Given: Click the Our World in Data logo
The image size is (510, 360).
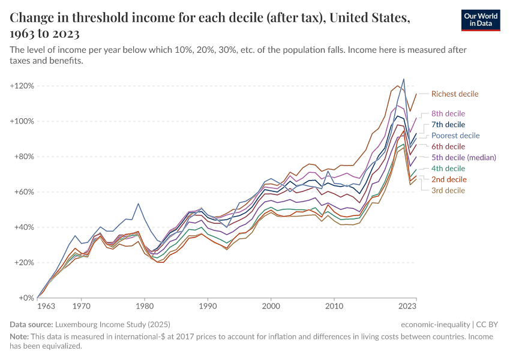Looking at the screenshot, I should pyautogui.click(x=480, y=20).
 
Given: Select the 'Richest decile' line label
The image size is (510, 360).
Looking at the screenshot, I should pyautogui.click(x=455, y=94).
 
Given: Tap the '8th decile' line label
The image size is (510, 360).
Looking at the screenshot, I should pyautogui.click(x=448, y=113).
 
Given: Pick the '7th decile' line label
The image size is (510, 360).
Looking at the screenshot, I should pyautogui.click(x=448, y=125).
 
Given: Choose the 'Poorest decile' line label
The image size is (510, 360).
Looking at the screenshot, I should pyautogui.click(x=455, y=136).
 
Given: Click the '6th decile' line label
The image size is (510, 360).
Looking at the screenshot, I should pyautogui.click(x=448, y=146).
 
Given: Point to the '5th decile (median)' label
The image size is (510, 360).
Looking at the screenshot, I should pyautogui.click(x=464, y=157).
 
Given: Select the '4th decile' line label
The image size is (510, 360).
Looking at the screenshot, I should pyautogui.click(x=448, y=169).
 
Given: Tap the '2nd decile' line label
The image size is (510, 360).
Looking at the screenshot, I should pyautogui.click(x=448, y=179).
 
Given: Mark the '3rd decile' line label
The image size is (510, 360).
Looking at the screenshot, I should pyautogui.click(x=448, y=190).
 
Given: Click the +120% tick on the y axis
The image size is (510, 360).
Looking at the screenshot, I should pyautogui.click(x=22, y=86).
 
